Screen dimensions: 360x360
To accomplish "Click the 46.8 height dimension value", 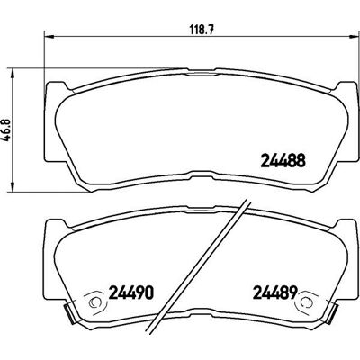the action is pos(7,130).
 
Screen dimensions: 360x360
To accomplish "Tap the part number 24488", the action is pos(283,160).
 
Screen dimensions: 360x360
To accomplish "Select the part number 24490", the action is pos(131,292).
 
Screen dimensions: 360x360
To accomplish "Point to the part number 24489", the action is pos(275,292).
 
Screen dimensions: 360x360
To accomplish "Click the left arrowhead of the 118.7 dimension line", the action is pos(49,37).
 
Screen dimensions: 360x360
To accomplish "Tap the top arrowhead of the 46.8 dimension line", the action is pos(13,73).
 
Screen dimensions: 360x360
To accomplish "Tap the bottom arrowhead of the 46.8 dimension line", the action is pos(13,186).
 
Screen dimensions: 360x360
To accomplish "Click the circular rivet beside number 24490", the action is pos(95,302).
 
